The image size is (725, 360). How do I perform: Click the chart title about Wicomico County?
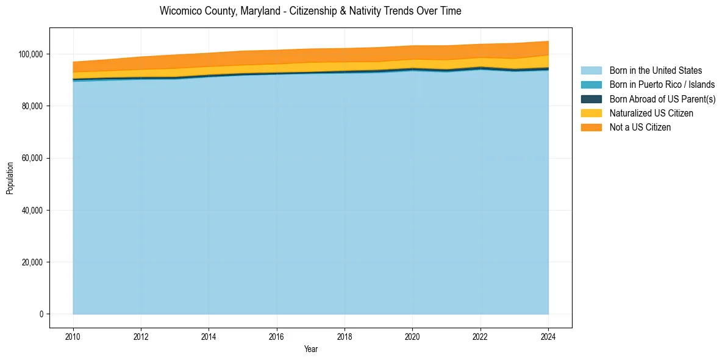[310, 11]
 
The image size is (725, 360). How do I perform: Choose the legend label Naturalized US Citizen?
[651, 113]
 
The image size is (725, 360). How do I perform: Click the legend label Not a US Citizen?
[640, 128]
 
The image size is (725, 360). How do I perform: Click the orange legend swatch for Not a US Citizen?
[591, 128]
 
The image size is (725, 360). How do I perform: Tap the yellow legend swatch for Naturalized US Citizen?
[591, 113]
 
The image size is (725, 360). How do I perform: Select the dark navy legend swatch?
[591, 99]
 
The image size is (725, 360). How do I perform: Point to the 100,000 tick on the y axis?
[30, 54]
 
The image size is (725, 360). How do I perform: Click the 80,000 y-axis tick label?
[32, 106]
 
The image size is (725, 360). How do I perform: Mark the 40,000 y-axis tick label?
[32, 211]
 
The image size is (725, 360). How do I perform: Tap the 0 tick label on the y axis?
[41, 314]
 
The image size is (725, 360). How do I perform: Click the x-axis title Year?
[310, 350]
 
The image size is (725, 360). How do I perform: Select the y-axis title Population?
[10, 178]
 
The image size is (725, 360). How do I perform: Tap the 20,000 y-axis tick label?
[32, 262]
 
